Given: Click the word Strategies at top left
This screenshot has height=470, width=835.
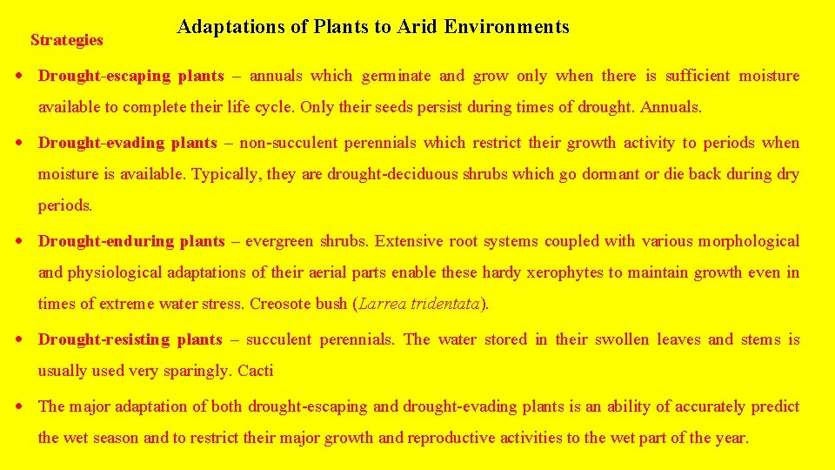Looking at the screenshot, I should [x=66, y=40].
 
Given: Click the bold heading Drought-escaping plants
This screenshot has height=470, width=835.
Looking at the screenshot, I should [x=130, y=76].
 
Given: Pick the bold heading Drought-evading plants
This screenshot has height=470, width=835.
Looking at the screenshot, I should [x=128, y=143].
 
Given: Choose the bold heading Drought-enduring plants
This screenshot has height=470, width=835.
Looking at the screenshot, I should [x=131, y=241].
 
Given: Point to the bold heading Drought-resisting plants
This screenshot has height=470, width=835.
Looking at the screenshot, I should [x=130, y=339].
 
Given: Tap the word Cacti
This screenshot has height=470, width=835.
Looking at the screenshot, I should [x=256, y=371].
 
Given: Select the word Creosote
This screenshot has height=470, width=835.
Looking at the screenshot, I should [x=279, y=304].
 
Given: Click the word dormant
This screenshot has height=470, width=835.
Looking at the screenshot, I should [x=611, y=174].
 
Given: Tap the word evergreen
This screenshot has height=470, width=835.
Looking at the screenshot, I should [x=279, y=241].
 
